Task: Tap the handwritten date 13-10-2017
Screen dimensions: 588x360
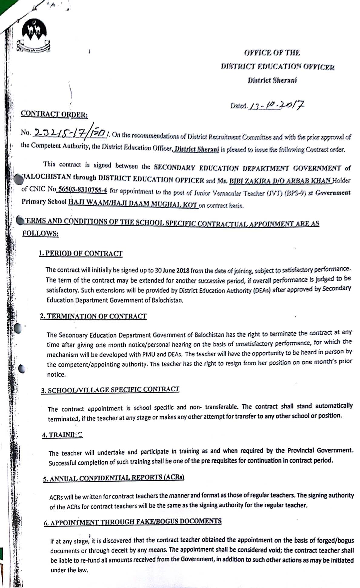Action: coord(276,105)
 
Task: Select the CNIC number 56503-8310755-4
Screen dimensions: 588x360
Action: coord(82,189)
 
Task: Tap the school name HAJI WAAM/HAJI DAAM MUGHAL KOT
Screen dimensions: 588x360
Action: coord(133,203)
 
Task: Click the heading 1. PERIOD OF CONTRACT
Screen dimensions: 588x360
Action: coord(81,253)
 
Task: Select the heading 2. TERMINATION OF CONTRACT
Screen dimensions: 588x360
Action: coord(93,316)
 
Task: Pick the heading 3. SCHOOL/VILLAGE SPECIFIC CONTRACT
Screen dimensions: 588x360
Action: coord(110,390)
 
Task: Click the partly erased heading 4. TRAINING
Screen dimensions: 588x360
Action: coord(62,435)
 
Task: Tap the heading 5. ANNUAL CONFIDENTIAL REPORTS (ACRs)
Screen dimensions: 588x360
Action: coord(114,478)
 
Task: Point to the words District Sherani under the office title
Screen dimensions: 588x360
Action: coord(272,80)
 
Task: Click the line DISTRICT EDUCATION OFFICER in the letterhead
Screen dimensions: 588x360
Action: coord(278,66)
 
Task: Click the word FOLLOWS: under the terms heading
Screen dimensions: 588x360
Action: coord(40,233)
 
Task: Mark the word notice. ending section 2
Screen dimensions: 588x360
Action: coord(56,375)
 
